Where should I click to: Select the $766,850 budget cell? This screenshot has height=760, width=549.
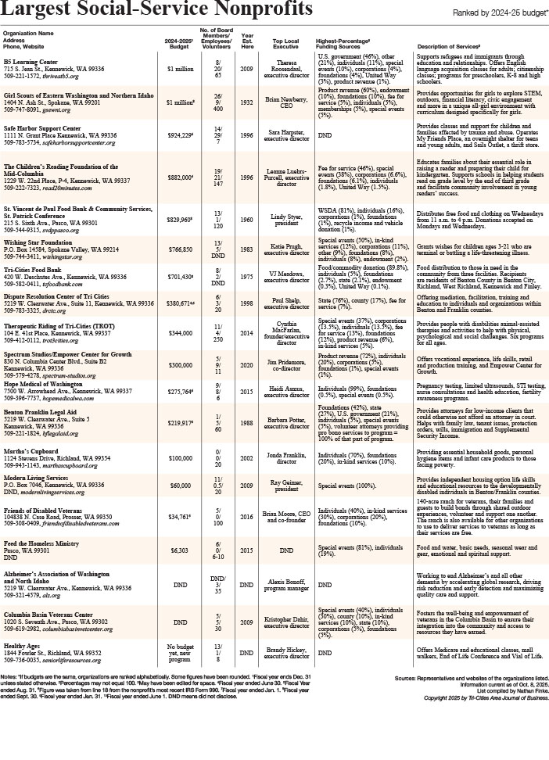click(x=181, y=249)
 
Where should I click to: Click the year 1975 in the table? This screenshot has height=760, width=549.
click(x=247, y=276)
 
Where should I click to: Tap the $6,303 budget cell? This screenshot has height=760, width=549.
click(x=181, y=571)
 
